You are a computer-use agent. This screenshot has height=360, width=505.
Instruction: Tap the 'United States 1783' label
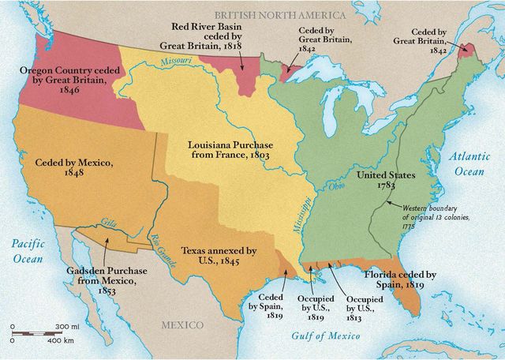(385, 180)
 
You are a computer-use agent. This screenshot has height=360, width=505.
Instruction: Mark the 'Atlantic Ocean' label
(470, 163)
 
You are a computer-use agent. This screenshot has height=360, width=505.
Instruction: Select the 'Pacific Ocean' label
(26, 251)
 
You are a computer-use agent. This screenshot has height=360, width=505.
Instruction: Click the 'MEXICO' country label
(182, 325)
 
